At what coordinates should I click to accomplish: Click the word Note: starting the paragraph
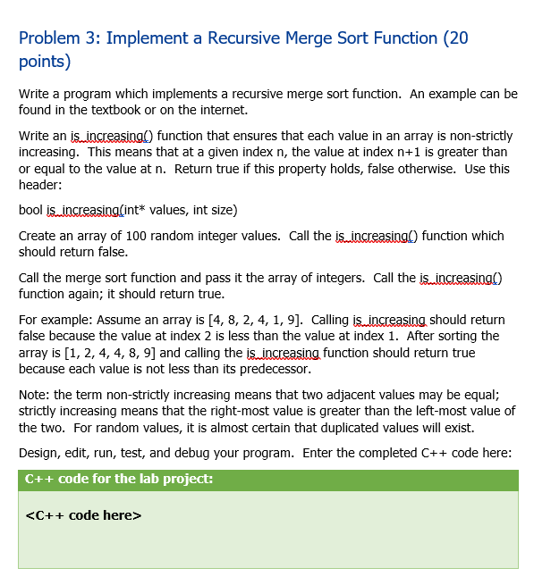35,395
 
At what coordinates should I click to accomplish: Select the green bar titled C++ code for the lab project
267,479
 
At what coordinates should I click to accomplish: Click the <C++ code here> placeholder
84,515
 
